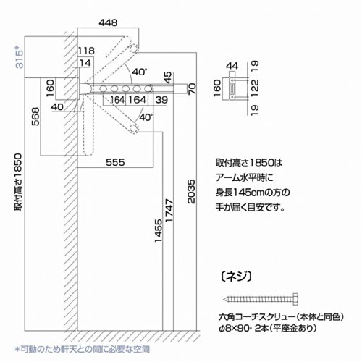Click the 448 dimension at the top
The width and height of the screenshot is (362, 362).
108,22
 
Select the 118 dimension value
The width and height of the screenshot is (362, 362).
86,51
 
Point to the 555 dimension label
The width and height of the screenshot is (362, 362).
115,162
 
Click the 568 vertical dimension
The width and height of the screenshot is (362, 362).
35,117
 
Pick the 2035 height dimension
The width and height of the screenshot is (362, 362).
191,191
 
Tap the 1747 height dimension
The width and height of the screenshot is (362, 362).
169,211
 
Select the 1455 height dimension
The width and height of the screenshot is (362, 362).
159,231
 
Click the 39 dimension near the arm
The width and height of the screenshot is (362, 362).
161,100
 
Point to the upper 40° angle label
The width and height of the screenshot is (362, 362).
140,72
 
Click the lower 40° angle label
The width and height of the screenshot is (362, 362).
146,117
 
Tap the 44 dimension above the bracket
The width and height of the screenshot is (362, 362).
232,66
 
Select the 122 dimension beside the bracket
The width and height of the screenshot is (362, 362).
255,85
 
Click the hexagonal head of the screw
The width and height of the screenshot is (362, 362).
295,299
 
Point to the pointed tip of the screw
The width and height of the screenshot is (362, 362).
224,299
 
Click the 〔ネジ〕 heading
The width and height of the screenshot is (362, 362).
236,277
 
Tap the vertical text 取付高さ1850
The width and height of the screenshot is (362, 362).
19,182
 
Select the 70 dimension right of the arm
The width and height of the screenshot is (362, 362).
193,89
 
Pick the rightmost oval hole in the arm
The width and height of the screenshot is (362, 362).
148,88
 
